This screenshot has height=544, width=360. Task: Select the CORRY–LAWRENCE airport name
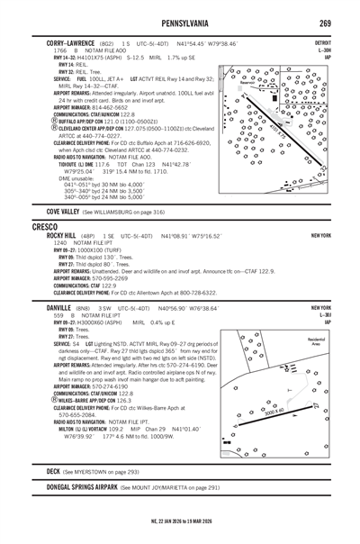(73, 42)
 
